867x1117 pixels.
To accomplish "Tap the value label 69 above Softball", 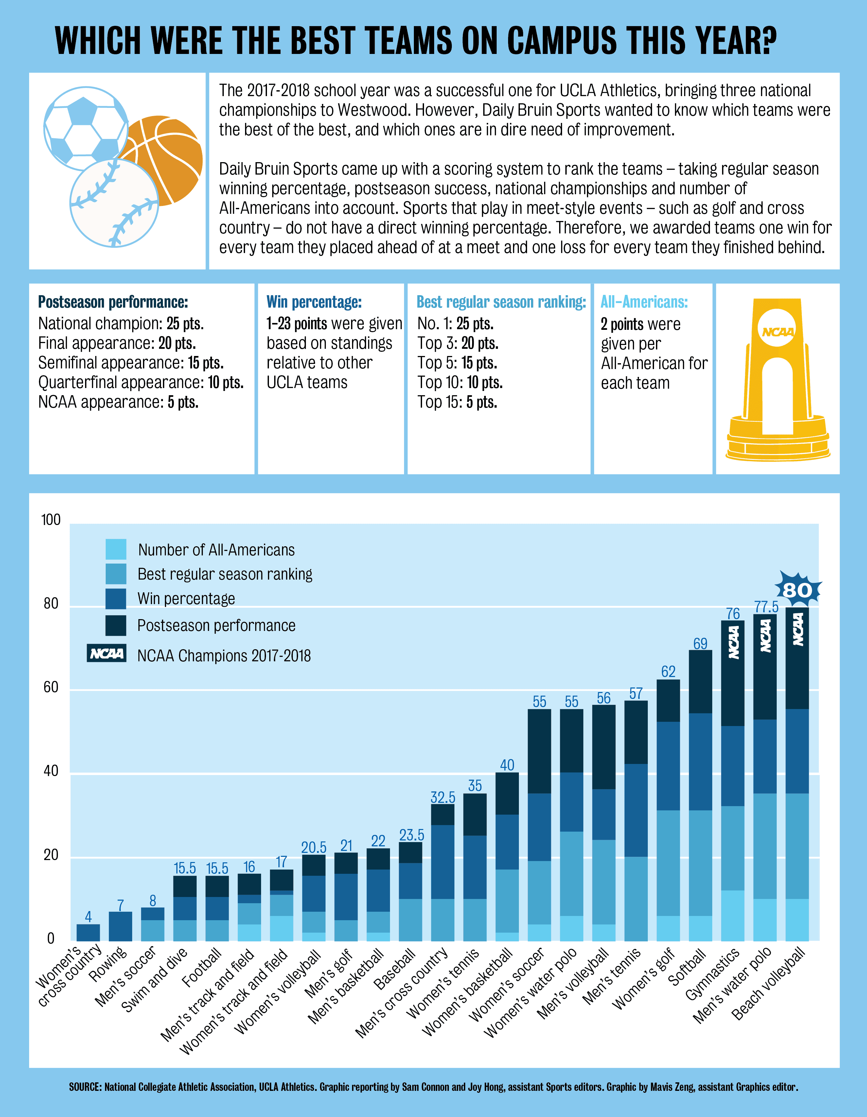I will (x=700, y=643).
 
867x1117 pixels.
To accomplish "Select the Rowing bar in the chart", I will (x=120, y=926).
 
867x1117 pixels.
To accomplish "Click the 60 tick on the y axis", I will (x=51, y=687).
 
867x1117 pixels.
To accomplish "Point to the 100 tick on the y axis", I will (x=51, y=520).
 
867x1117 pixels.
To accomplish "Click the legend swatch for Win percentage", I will (x=116, y=599).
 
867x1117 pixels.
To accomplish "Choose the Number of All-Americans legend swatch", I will (x=116, y=549).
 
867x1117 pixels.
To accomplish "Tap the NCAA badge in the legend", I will (x=106, y=653).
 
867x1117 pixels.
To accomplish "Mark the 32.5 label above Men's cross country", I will (x=443, y=797).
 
